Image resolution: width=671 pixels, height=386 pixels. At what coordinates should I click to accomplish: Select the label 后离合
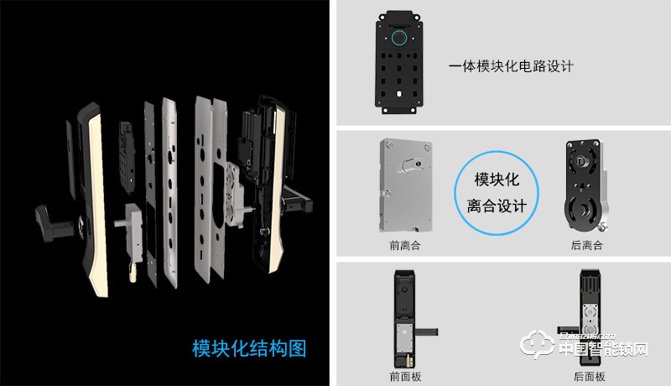click(x=586, y=245)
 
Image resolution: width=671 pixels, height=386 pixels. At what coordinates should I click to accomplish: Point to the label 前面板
click(x=405, y=376)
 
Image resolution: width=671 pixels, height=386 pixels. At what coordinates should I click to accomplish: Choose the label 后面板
click(x=589, y=376)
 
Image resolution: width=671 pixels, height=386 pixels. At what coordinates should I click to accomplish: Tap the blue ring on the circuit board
click(x=399, y=39)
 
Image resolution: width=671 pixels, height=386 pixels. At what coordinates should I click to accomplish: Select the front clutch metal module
click(x=408, y=184)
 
